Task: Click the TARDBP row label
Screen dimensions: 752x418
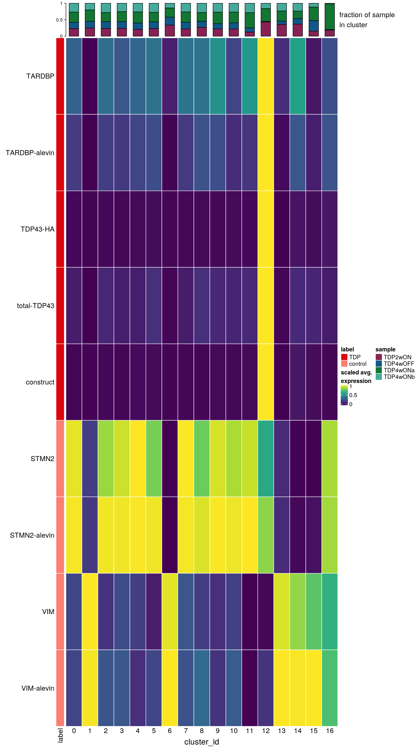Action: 40,76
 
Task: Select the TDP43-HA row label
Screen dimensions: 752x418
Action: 37,229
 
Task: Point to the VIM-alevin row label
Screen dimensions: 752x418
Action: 38,688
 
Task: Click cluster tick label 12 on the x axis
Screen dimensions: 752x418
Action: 266,731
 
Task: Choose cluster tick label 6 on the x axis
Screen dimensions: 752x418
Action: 170,731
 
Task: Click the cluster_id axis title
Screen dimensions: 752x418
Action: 202,742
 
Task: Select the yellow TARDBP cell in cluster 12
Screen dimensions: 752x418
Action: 266,76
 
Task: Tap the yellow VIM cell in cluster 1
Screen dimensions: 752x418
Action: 90,612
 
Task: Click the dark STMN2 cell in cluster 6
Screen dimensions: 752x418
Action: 170,459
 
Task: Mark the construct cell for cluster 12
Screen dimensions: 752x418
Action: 266,382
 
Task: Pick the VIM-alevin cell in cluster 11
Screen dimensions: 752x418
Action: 249,688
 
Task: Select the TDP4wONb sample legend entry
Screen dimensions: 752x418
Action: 399,377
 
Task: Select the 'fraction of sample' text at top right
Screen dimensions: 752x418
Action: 367,15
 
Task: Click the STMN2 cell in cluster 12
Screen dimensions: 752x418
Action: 266,459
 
